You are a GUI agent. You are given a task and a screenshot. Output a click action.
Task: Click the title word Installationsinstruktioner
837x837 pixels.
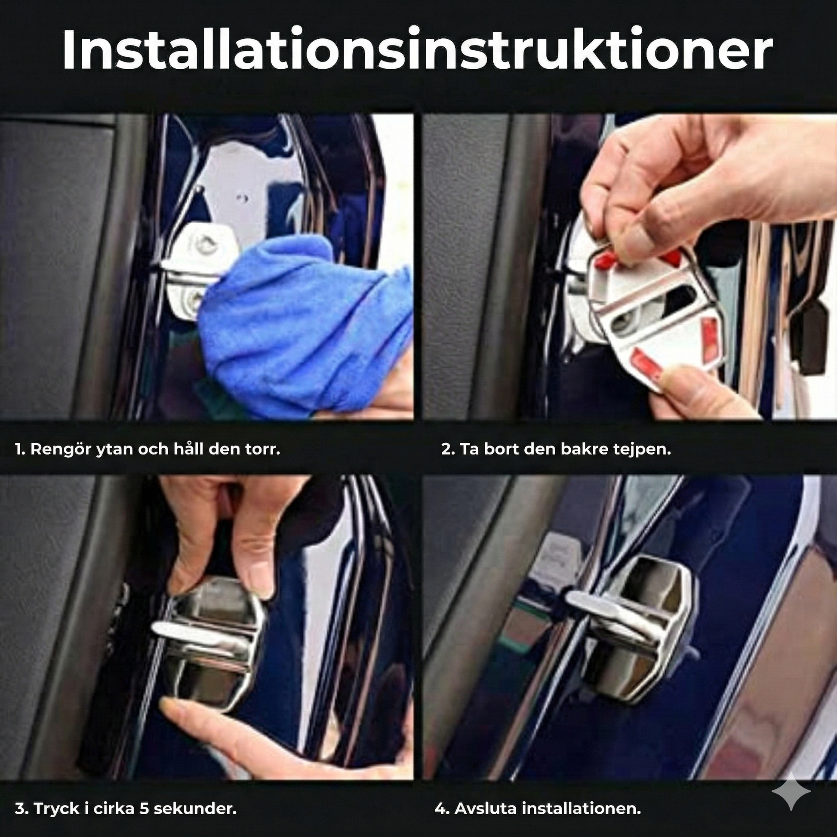pyautogui.click(x=416, y=49)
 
